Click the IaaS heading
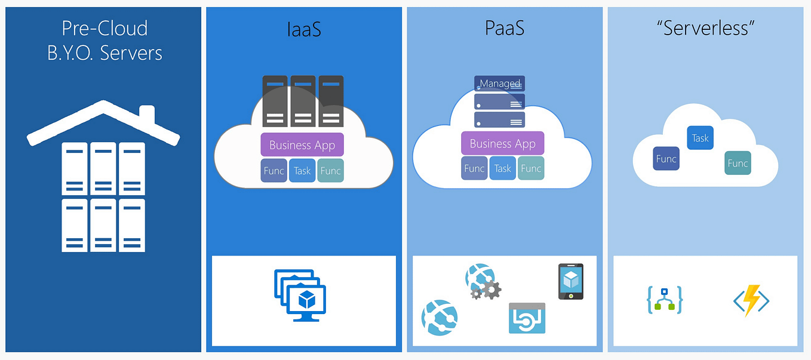pos(303,29)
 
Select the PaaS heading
pos(505,29)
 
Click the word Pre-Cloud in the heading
pos(105,28)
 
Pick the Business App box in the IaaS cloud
pos(302,144)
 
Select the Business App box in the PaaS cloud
pos(503,143)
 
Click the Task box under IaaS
pos(302,171)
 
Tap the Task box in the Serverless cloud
pos(700,138)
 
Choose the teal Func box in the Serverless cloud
pos(738,163)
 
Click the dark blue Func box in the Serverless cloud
pos(666,159)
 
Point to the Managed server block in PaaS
pos(500,84)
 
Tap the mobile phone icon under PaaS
pos(571,281)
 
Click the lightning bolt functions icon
pos(752,300)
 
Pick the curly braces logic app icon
pos(664,300)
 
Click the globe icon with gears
pos(483,282)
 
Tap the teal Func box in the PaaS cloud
pos(531,168)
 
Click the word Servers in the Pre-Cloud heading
pos(131,53)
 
